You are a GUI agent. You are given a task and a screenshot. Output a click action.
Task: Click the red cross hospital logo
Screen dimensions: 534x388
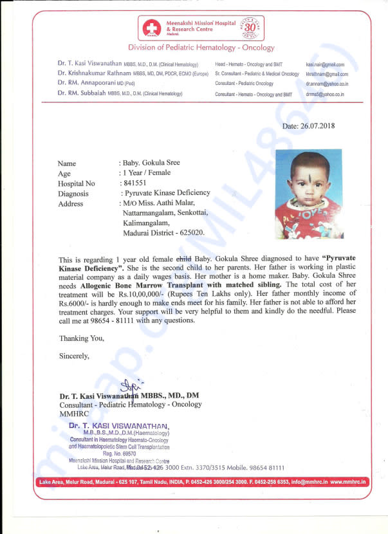(152, 28)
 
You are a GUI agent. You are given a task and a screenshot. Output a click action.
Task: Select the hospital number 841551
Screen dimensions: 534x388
(134, 183)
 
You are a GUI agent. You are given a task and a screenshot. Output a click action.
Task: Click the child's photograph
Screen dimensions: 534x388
(308, 194)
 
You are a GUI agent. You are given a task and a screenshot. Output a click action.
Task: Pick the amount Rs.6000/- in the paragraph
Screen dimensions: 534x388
(76, 302)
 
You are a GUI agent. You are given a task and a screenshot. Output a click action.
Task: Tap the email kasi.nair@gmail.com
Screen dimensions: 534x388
(325, 65)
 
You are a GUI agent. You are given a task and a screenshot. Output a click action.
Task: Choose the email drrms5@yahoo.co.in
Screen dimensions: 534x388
(324, 94)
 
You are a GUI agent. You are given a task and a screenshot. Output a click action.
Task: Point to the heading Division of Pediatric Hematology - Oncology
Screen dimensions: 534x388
(201, 48)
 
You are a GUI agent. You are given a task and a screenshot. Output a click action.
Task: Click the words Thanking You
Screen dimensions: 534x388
(81, 338)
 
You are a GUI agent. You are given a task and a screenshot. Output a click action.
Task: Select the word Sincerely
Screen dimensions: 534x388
(75, 355)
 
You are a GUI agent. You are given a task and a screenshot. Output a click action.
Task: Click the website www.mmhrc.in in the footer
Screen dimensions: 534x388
(349, 481)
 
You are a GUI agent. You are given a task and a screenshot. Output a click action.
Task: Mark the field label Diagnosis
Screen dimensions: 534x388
(73, 194)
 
